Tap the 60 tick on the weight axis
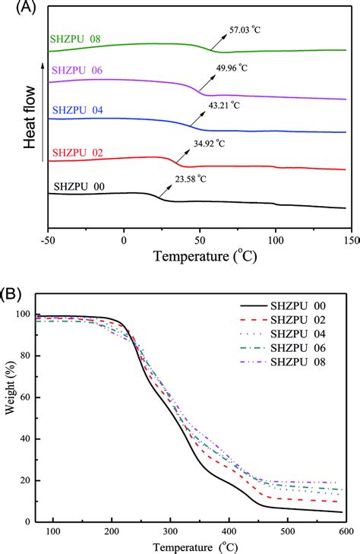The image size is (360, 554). [x=29, y=397]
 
